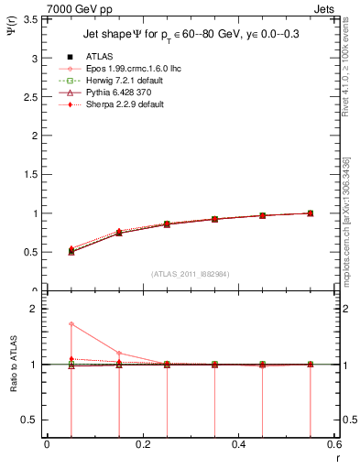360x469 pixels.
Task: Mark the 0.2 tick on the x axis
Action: tap(143, 444)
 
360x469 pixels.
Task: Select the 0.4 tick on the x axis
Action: tap(239, 444)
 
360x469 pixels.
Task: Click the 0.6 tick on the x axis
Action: tap(333, 444)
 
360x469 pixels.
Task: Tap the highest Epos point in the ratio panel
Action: tap(71, 324)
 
